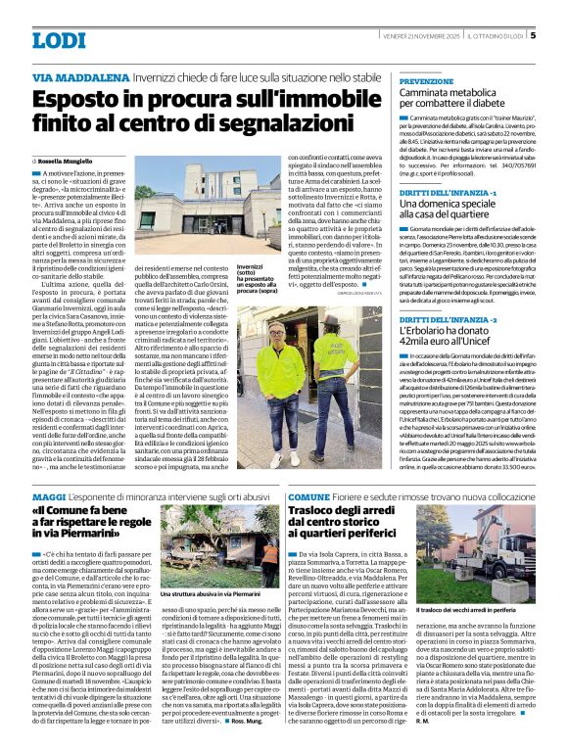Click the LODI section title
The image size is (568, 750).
pos(58,40)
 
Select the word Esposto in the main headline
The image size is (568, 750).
pos(82,99)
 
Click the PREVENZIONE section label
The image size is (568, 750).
pos(426,80)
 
